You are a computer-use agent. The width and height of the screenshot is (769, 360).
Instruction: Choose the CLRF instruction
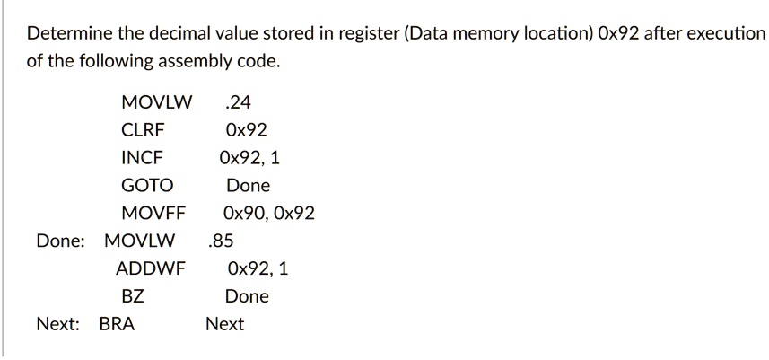[143, 129]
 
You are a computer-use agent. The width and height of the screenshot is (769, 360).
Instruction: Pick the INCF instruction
[143, 158]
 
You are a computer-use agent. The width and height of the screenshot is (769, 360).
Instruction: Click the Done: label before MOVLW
[61, 241]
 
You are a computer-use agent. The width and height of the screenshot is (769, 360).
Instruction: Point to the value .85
[220, 241]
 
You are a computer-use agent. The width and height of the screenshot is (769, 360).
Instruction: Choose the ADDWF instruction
[150, 268]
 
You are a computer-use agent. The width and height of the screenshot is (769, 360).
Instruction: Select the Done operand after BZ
[246, 296]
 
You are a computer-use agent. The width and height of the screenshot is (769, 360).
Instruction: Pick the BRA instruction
[117, 324]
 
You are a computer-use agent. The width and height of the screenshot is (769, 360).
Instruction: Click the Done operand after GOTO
[248, 186]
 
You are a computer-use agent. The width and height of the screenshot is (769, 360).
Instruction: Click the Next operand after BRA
[224, 324]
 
